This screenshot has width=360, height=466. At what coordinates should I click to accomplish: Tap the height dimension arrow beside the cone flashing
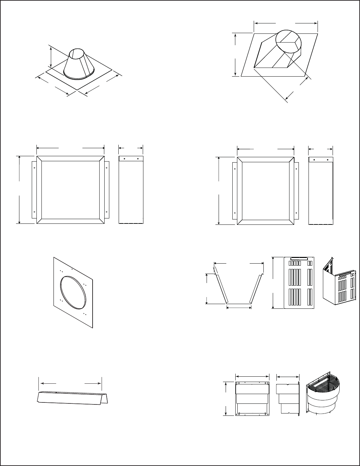tap(51, 57)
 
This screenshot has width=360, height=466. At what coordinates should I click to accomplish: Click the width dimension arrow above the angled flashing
tap(285, 23)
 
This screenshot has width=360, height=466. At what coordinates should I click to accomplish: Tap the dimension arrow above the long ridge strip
tap(70, 383)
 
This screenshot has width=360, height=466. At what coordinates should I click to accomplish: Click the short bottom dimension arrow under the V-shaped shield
tap(239, 307)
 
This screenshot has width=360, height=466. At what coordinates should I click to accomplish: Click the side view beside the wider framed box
tap(131, 190)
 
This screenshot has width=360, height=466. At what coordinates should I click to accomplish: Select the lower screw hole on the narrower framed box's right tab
tap(296, 213)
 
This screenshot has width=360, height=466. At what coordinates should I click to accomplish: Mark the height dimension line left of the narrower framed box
tap(219, 190)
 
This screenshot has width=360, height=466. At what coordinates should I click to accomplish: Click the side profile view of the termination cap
tap(287, 398)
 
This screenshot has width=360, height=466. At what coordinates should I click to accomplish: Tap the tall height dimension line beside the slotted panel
tap(273, 283)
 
